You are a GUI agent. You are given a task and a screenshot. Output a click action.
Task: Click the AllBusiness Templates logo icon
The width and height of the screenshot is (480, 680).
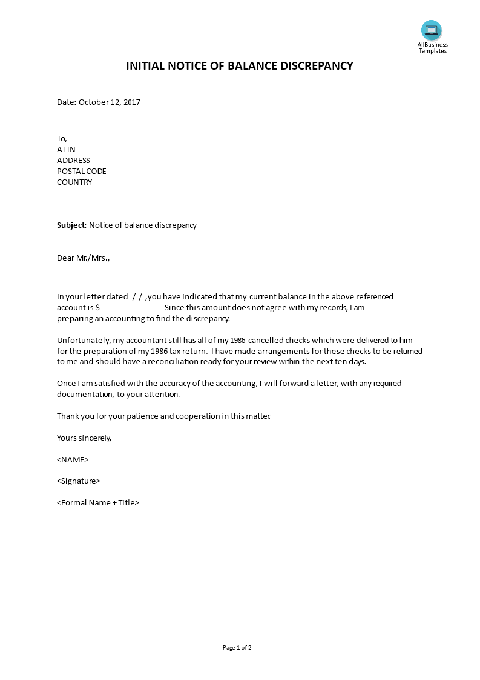[x=432, y=30]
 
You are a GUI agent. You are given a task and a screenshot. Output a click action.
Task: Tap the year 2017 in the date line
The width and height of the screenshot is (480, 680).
[x=131, y=102]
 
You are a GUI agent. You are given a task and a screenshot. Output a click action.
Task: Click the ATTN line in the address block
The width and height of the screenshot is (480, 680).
[x=66, y=149]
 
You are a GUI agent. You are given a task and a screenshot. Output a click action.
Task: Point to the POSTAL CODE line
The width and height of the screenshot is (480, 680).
[x=81, y=171]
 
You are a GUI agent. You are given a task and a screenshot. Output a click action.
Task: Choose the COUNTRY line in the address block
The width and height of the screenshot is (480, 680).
[x=74, y=182]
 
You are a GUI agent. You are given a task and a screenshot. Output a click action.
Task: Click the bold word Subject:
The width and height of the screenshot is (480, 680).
[x=72, y=225]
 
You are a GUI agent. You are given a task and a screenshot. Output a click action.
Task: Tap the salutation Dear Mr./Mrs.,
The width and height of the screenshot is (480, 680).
[x=84, y=258]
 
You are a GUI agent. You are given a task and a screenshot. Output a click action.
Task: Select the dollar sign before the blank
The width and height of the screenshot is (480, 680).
[x=97, y=307]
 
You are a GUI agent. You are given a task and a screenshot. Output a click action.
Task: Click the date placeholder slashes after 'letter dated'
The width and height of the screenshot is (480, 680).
[x=137, y=296]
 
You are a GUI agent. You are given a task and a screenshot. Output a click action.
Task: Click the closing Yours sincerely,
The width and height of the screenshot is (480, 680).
[x=84, y=437]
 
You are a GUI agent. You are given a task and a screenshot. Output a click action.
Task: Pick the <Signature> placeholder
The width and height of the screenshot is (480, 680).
[x=78, y=481]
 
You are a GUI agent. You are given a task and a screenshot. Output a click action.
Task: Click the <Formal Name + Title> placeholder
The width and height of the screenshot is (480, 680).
[x=98, y=502]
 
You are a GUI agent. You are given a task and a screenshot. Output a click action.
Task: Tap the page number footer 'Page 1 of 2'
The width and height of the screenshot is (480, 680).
[x=237, y=647]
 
